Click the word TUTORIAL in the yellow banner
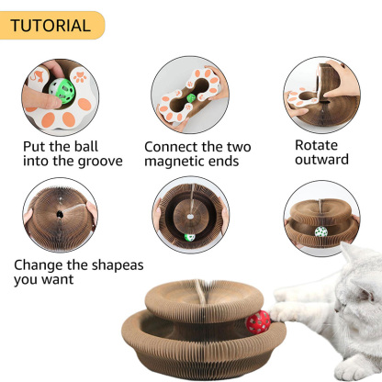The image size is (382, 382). pyautogui.click(x=51, y=25)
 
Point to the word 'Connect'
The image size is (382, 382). pyautogui.click(x=175, y=146)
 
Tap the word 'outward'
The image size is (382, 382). pyautogui.click(x=321, y=160)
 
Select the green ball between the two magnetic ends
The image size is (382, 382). pyautogui.click(x=191, y=96)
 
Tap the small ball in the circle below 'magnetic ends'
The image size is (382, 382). pyautogui.click(x=189, y=237)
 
